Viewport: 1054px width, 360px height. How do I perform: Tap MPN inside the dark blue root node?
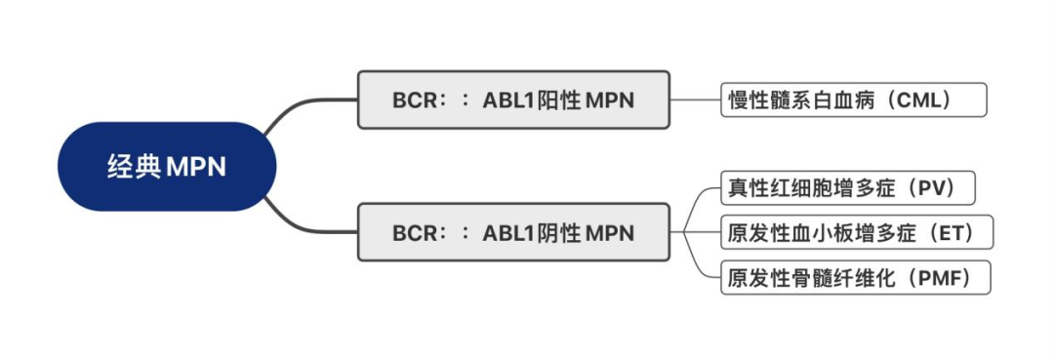(x=196, y=167)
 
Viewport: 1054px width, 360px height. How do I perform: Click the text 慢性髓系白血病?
(x=790, y=100)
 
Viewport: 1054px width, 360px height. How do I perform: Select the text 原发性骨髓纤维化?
(x=801, y=278)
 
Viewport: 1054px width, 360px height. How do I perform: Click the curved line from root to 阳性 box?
(x=293, y=109)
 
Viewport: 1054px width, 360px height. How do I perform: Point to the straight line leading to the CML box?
(x=696, y=100)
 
